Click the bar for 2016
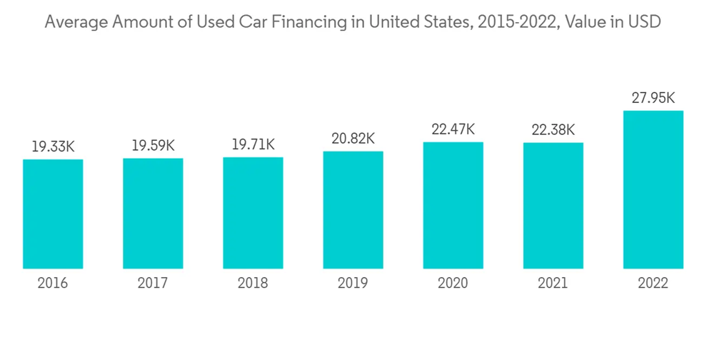tap(53, 214)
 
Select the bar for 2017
tap(153, 213)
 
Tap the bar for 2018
tap(253, 212)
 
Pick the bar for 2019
tap(353, 209)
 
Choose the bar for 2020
tap(453, 205)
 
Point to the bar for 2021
tap(553, 206)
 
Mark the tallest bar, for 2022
tap(653, 189)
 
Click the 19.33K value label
tap(53, 146)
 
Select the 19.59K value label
tap(153, 146)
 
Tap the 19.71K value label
tap(253, 145)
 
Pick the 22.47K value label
tap(453, 129)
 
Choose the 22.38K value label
tap(553, 130)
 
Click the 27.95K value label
tap(653, 98)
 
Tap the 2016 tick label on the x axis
tap(53, 284)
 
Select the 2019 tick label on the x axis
tap(353, 284)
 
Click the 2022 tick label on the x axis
tap(653, 284)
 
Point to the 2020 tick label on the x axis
tap(453, 284)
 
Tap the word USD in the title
tap(645, 22)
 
